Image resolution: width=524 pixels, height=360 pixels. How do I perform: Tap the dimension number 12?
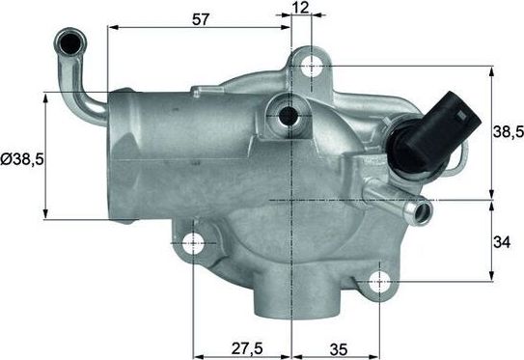pyautogui.click(x=300, y=9)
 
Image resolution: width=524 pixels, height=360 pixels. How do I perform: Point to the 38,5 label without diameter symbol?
pyautogui.click(x=507, y=133)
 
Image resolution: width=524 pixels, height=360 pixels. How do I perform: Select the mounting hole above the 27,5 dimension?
pyautogui.click(x=195, y=241)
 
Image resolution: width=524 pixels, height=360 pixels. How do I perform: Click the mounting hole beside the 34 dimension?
pyautogui.click(x=382, y=282)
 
